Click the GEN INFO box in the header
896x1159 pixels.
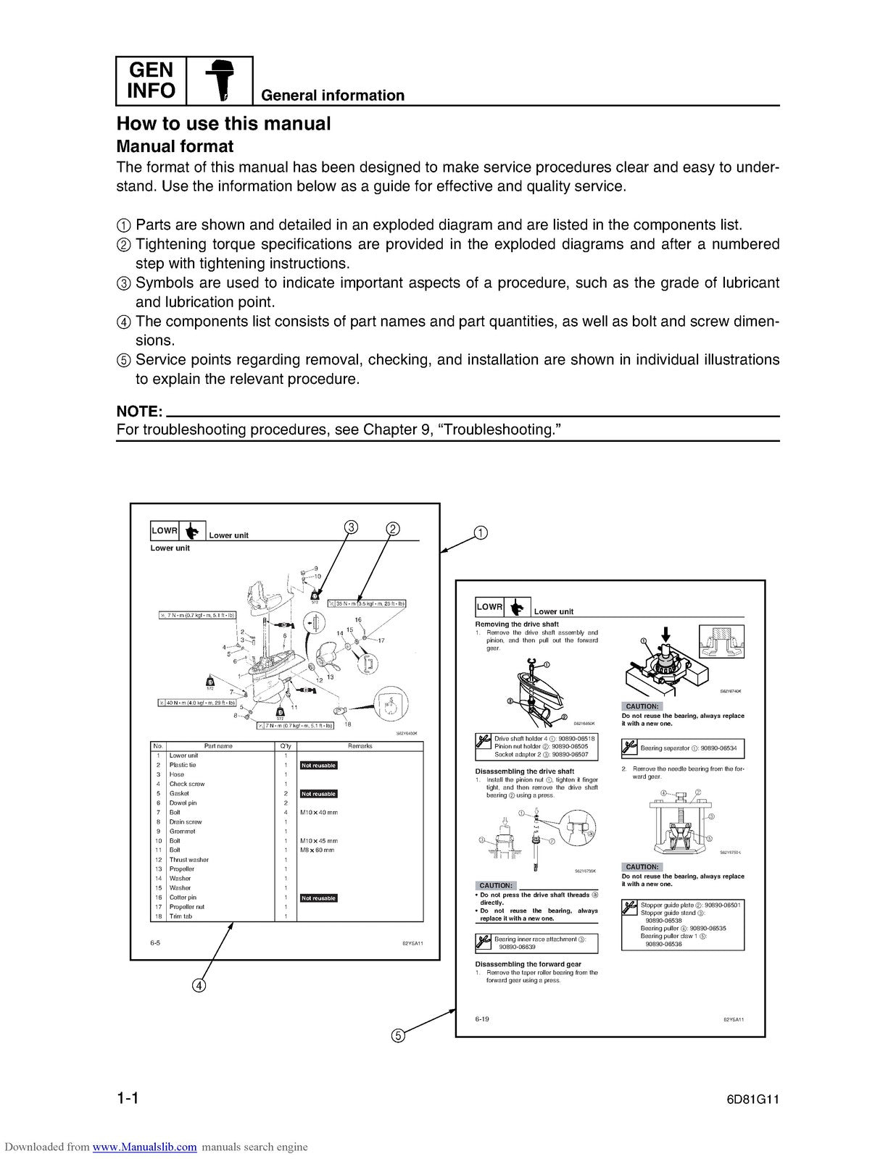[152, 80]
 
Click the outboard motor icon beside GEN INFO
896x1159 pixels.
[220, 80]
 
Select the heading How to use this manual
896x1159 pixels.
[223, 124]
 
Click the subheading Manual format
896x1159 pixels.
[175, 147]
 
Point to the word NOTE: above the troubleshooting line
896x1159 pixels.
[138, 411]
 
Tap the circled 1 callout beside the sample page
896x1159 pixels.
[480, 533]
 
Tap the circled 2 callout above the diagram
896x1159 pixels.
[392, 529]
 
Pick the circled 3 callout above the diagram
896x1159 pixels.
[350, 527]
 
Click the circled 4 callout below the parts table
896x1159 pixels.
[198, 985]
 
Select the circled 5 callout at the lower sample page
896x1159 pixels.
[397, 1036]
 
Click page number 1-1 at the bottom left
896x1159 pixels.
[128, 1098]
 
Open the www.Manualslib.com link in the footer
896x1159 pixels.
[145, 1147]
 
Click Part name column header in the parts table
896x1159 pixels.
[218, 745]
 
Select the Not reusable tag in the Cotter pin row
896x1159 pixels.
[319, 898]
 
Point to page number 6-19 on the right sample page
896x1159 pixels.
[482, 1019]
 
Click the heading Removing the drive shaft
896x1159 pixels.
[516, 624]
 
